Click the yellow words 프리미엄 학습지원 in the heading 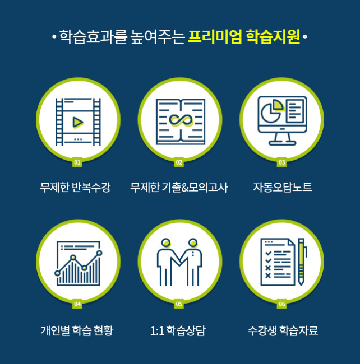[x=244, y=36]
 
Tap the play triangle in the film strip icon [x=77, y=122]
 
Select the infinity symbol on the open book [x=181, y=120]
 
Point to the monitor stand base [x=283, y=143]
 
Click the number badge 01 [x=77, y=162]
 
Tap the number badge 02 [x=179, y=162]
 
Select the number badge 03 [x=281, y=162]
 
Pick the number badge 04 [x=77, y=304]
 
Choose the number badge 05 [x=179, y=304]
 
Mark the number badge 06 [x=281, y=304]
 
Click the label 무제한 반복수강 [x=75, y=188]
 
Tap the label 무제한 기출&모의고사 [x=179, y=188]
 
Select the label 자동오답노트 [x=283, y=187]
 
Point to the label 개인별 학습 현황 [x=77, y=330]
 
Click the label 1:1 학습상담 [x=178, y=330]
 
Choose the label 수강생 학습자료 [x=283, y=330]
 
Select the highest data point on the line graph [x=99, y=253]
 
